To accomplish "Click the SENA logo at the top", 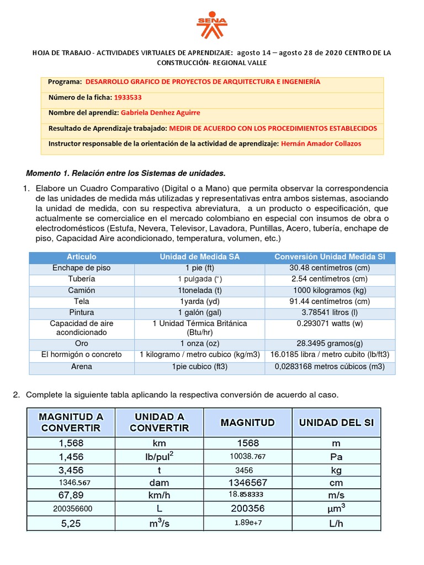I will coord(211,25).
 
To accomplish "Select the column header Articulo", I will coord(82,257).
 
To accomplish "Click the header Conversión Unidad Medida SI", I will coord(330,257).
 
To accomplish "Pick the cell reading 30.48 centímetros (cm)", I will coord(330,268).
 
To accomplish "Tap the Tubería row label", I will coord(82,279).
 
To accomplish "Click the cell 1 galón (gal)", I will coord(200,312).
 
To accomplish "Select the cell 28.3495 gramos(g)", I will coord(330,343).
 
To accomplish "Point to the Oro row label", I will coord(82,343).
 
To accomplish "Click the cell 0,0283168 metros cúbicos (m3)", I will coord(330,366).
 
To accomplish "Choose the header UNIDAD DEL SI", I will coord(336,423).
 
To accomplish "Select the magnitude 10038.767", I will coord(248,456).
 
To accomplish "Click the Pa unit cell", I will coord(336,456).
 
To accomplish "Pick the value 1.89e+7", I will coord(248,523).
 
